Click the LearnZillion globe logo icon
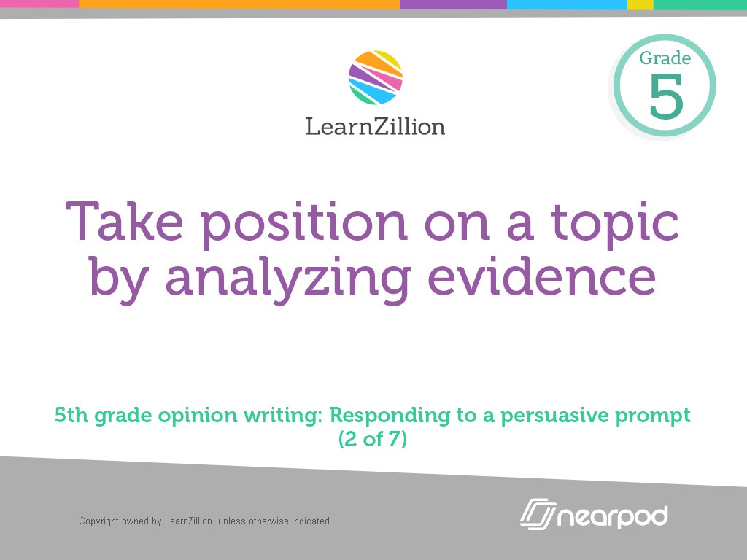375,77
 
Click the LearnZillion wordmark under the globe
375,126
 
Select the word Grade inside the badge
665,58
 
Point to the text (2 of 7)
373,440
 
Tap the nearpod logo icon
537,516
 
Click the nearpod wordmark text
613,516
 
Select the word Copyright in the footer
99,521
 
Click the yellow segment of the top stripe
640,4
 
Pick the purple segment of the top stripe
453,4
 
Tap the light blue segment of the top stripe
567,4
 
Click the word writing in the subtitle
285,417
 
